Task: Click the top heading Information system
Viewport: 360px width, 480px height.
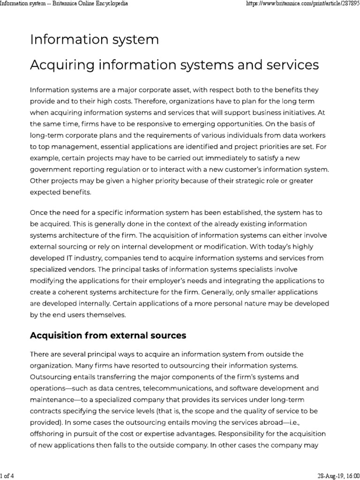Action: [94, 40]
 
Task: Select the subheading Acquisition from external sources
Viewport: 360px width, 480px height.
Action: [108, 336]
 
